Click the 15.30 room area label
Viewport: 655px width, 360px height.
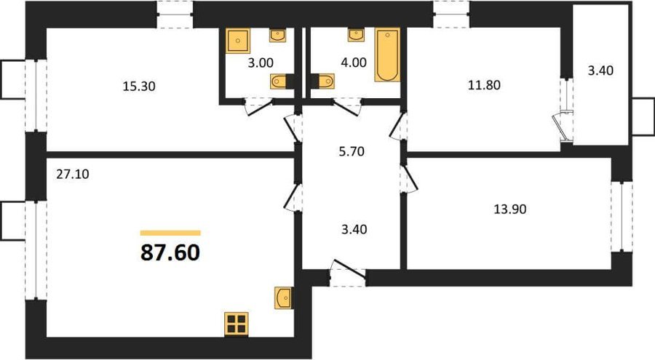pyautogui.click(x=139, y=87)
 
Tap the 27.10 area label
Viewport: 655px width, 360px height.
pyautogui.click(x=73, y=174)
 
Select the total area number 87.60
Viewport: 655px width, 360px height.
pyautogui.click(x=170, y=252)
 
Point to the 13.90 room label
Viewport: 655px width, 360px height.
pyautogui.click(x=510, y=209)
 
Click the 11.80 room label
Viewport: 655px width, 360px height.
pyautogui.click(x=484, y=85)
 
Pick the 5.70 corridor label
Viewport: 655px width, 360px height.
pyautogui.click(x=352, y=151)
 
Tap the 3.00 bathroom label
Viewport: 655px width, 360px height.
pyautogui.click(x=261, y=63)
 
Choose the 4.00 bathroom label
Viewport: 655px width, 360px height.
pyautogui.click(x=354, y=63)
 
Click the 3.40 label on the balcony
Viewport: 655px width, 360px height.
pyautogui.click(x=600, y=71)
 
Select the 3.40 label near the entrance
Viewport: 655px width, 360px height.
pyautogui.click(x=354, y=229)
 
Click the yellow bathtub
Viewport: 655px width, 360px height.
pyautogui.click(x=387, y=55)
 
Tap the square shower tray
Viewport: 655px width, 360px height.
pyautogui.click(x=238, y=41)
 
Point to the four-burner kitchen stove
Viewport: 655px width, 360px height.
pyautogui.click(x=237, y=324)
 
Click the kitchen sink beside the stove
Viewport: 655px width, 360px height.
pyautogui.click(x=284, y=297)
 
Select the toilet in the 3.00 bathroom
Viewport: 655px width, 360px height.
pyautogui.click(x=278, y=81)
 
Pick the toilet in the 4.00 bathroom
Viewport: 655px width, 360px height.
pyautogui.click(x=326, y=81)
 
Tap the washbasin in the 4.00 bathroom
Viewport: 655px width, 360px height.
pyautogui.click(x=356, y=35)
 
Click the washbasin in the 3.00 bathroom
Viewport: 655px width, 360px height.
pyautogui.click(x=278, y=35)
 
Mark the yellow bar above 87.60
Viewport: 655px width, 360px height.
pyautogui.click(x=170, y=233)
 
